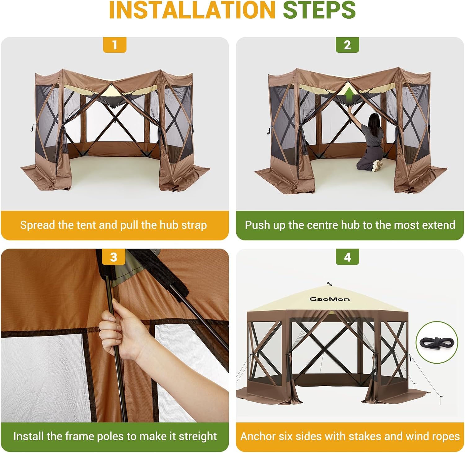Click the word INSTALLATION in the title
click(x=192, y=10)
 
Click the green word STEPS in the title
click(x=319, y=10)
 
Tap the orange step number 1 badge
click(x=115, y=45)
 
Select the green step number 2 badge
click(x=347, y=45)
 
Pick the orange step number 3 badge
click(x=114, y=257)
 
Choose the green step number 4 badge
click(x=347, y=257)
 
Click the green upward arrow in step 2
click(x=349, y=94)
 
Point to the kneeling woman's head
click(x=374, y=120)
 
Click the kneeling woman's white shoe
click(x=377, y=166)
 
